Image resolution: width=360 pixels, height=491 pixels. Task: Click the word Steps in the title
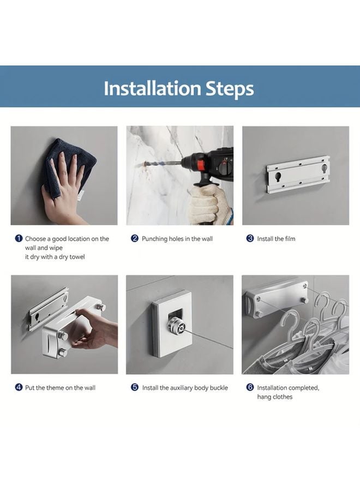coord(230,89)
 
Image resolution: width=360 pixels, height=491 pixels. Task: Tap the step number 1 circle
coord(19,238)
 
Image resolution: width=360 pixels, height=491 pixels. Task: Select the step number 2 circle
coord(135,238)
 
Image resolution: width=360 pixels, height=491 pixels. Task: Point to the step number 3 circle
coord(250,238)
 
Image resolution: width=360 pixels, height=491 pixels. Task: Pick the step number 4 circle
coord(19,387)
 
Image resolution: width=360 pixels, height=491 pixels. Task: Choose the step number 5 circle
coord(135,387)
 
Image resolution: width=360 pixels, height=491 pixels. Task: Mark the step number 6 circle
coord(250,387)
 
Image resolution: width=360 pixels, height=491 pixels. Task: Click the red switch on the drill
coord(200,164)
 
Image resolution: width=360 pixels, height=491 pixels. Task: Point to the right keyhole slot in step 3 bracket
coord(323,170)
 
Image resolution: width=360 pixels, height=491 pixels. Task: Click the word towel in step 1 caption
coord(77,257)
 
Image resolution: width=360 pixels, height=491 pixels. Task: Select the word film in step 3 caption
coord(290,238)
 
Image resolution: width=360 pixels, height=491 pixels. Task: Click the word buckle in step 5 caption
coord(219,388)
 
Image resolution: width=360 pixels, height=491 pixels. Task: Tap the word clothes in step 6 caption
coord(283,397)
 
